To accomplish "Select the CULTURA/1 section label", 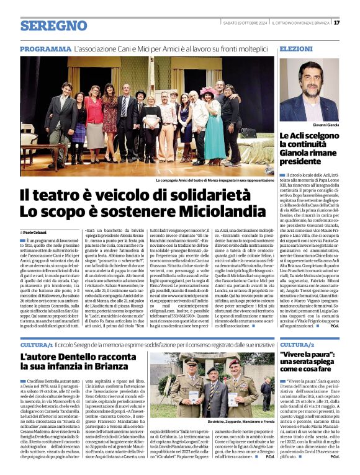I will [36, 344].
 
